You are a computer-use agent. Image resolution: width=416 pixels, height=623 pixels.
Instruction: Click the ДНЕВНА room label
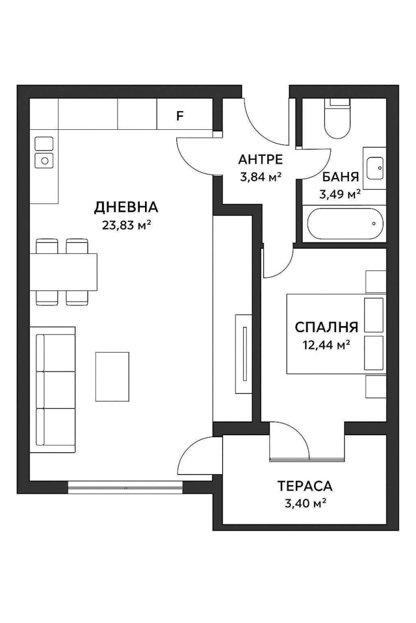pyautogui.click(x=126, y=207)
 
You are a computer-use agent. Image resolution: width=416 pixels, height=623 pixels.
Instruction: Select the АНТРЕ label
pyautogui.click(x=260, y=159)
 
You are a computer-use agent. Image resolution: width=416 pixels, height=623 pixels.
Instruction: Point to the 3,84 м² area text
pyautogui.click(x=260, y=177)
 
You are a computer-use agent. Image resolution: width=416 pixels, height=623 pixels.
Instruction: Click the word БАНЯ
pyautogui.click(x=341, y=177)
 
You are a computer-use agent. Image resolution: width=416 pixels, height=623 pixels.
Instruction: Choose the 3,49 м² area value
pyautogui.click(x=340, y=195)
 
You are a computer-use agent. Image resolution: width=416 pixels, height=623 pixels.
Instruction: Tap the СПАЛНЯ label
pyautogui.click(x=326, y=327)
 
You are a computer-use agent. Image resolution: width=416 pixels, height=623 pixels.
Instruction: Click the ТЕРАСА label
pyautogui.click(x=305, y=486)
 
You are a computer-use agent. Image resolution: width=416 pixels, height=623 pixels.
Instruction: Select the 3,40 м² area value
pyautogui.click(x=305, y=503)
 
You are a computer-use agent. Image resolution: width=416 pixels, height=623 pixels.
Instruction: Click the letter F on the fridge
pyautogui.click(x=180, y=116)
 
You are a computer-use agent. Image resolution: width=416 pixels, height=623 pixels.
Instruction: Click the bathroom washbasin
pyautogui.click(x=374, y=168)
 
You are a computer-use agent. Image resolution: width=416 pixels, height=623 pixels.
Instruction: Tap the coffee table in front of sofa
pyautogui.click(x=112, y=376)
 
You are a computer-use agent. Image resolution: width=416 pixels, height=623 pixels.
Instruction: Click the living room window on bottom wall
pyautogui.click(x=125, y=486)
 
